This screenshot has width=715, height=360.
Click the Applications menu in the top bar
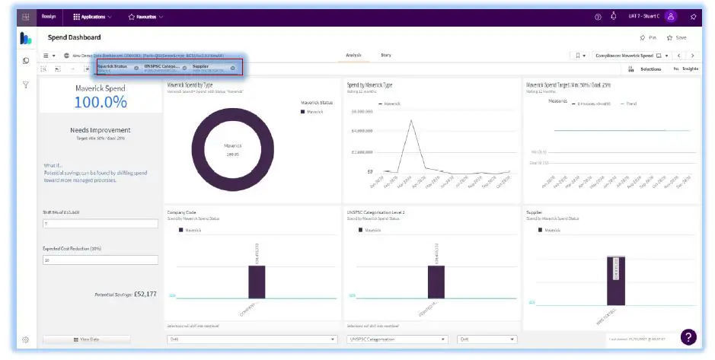click(x=92, y=16)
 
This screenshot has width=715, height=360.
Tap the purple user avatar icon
click(x=671, y=16)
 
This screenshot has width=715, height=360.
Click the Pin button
click(x=648, y=37)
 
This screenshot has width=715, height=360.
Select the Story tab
click(x=386, y=55)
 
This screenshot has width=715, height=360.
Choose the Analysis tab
click(x=353, y=55)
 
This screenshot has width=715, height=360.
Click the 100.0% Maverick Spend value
click(x=101, y=102)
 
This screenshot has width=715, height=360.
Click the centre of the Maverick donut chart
click(x=232, y=149)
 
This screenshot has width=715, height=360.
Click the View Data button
click(x=86, y=339)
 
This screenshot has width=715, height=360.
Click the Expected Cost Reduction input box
click(x=100, y=260)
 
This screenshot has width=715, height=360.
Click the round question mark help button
click(x=688, y=336)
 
